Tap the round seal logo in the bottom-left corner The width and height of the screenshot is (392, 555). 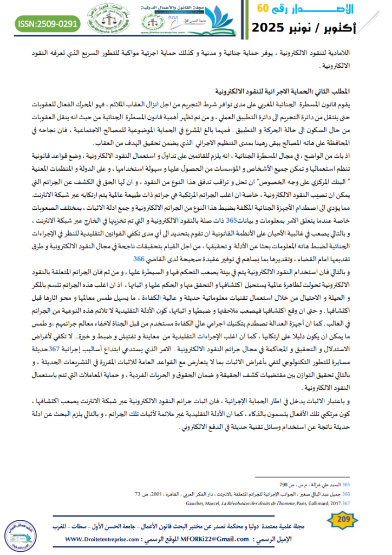click(x=21, y=532)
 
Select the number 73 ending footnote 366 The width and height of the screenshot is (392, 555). click(x=137, y=494)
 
